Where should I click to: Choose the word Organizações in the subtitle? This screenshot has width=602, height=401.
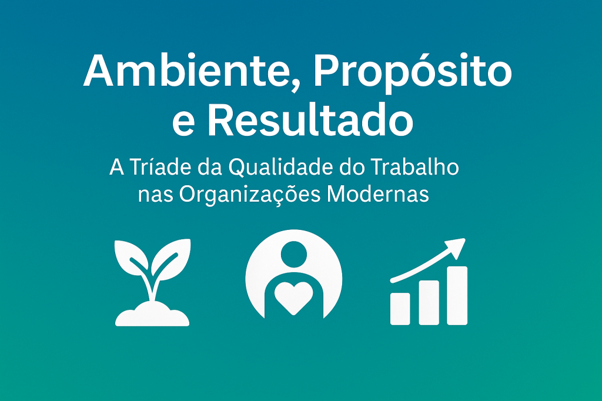pos(249,195)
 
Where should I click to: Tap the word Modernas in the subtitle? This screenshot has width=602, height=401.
pos(378,194)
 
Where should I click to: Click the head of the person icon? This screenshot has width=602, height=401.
pos(294,254)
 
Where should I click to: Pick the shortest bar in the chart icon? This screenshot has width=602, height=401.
pos(400,309)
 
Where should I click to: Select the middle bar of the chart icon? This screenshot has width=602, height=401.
pos(429,303)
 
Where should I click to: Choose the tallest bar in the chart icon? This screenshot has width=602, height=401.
pos(457,296)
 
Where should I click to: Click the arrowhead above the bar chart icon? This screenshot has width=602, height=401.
pos(456,248)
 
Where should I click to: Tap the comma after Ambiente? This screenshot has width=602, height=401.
pos(294,86)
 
